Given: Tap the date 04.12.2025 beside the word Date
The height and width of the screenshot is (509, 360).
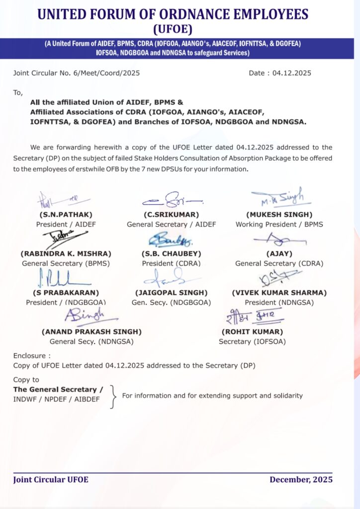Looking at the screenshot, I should click(x=292, y=73).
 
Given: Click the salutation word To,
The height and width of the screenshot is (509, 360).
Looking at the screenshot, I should click(x=18, y=92).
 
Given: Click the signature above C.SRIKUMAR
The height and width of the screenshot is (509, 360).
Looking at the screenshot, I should click(x=172, y=200).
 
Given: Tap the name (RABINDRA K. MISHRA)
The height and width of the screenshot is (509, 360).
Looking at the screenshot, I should click(x=66, y=254).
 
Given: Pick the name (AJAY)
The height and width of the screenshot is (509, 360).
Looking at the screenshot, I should click(x=279, y=254).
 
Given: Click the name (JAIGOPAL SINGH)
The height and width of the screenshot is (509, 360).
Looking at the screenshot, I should click(x=171, y=292).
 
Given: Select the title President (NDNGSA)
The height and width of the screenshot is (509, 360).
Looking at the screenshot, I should click(x=279, y=302).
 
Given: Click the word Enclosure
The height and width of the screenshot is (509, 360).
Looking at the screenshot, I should click(x=30, y=356).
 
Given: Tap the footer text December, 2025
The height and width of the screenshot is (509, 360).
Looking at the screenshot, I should click(x=301, y=480).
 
